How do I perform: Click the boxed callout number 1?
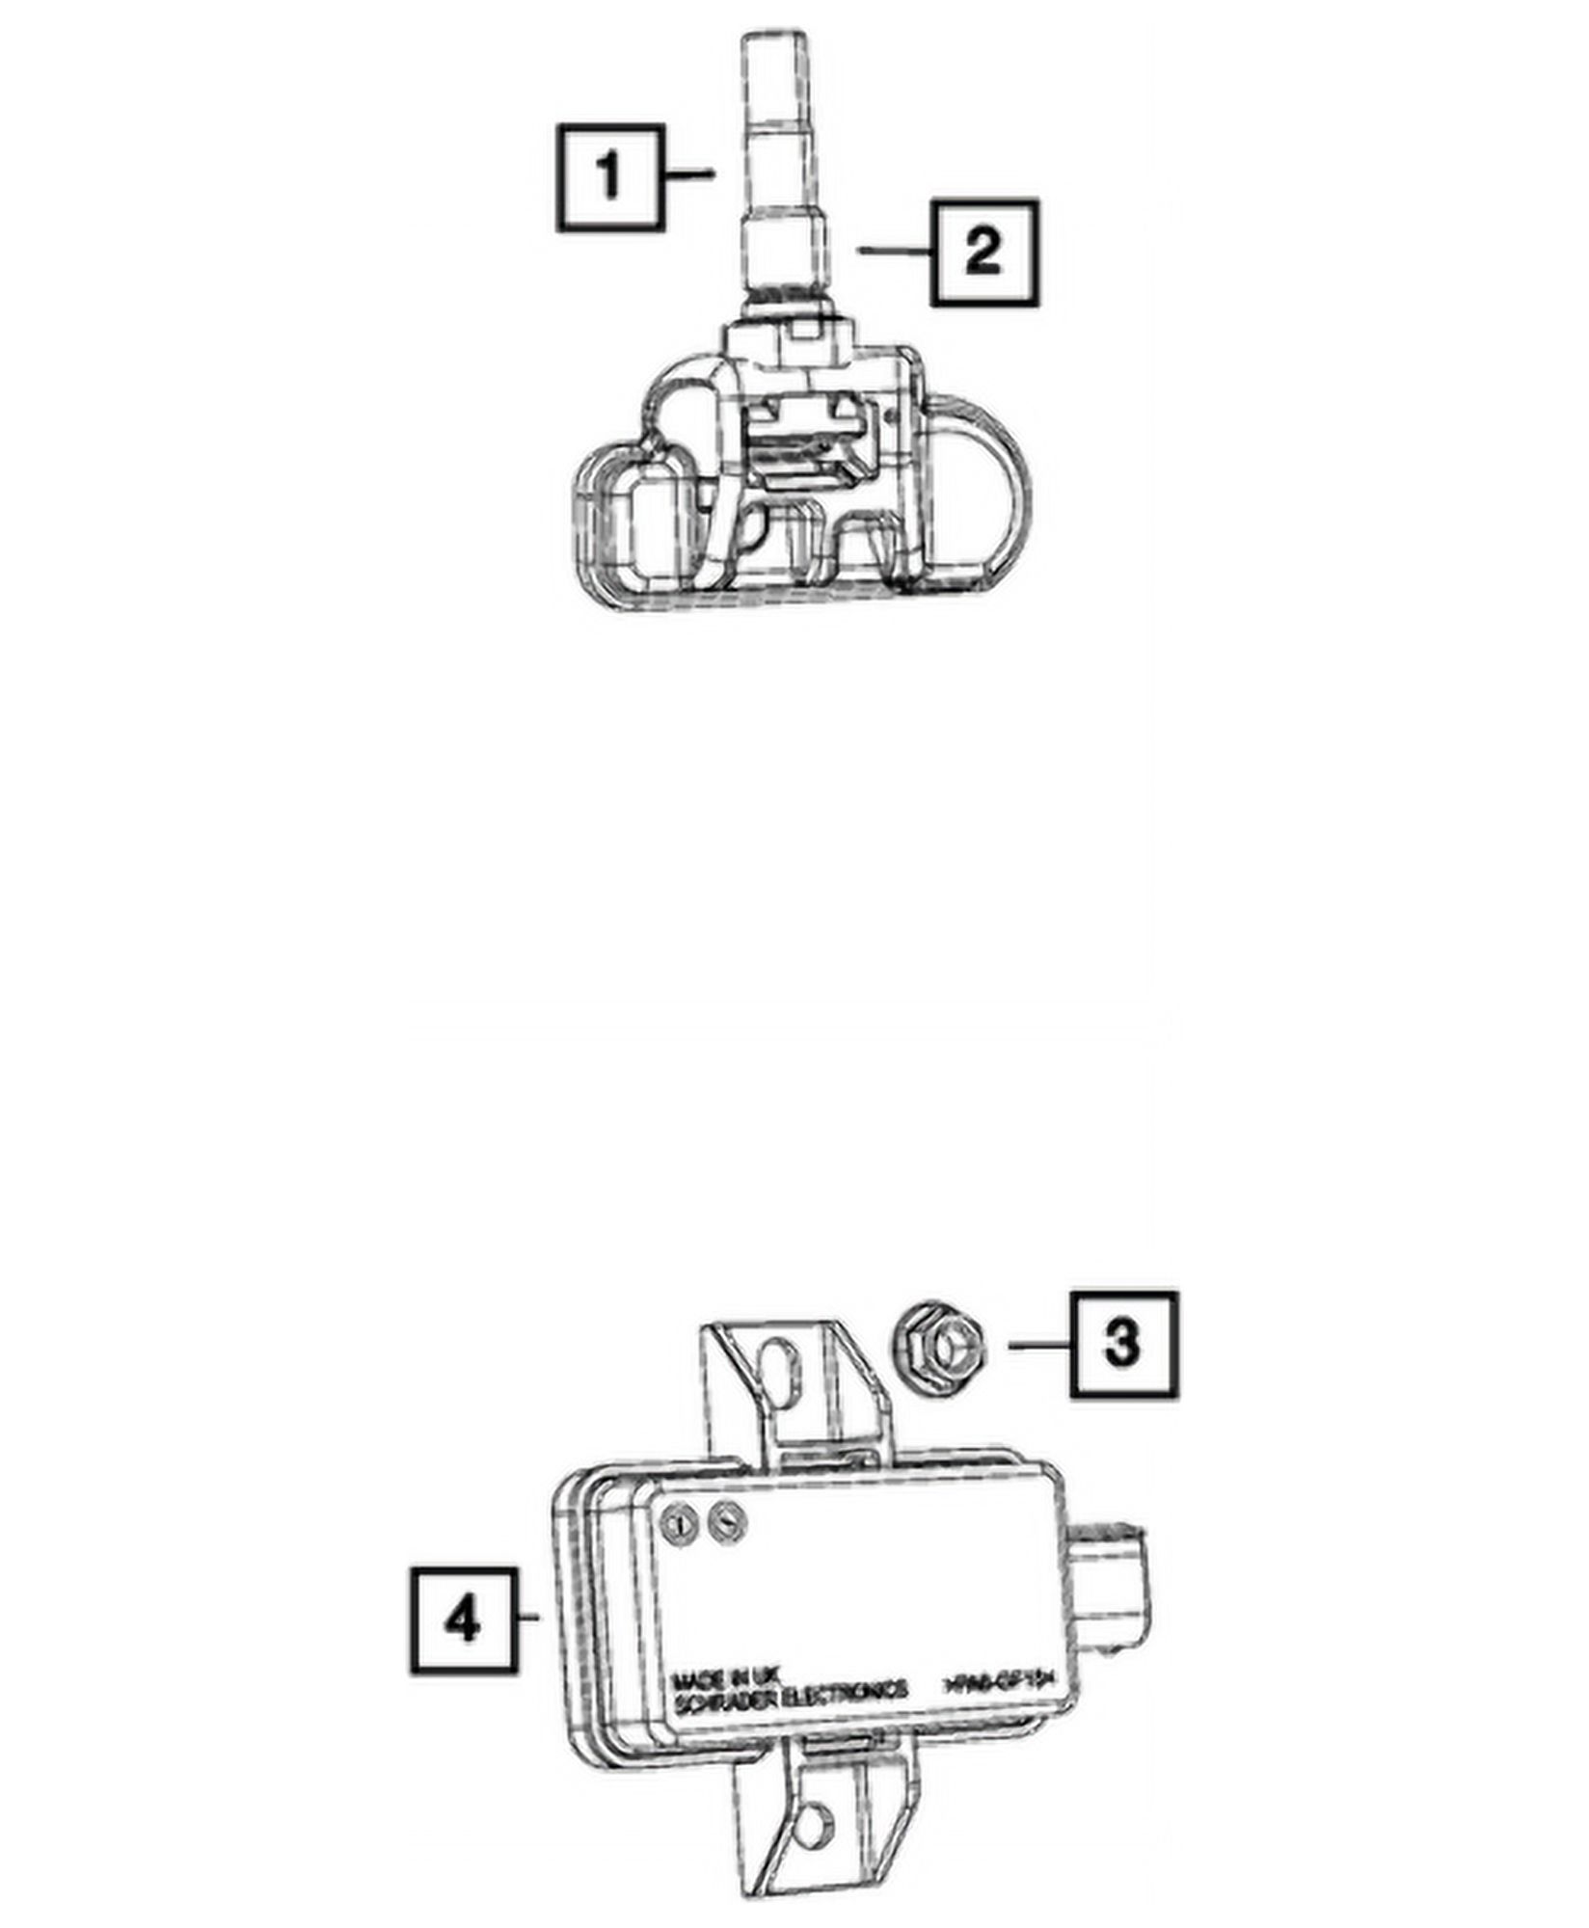(x=609, y=177)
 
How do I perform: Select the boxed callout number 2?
(x=984, y=253)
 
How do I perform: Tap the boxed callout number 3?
(x=1123, y=1344)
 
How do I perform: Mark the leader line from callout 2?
(x=895, y=251)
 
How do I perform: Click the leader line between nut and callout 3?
(x=1038, y=1344)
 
